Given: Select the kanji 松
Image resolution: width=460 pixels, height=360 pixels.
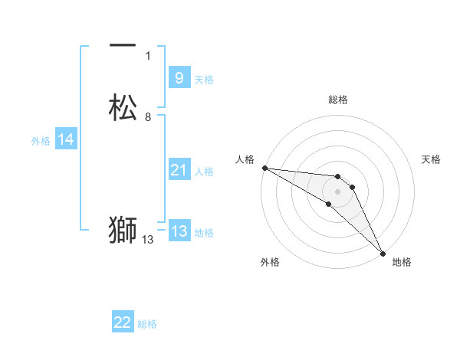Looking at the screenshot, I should tap(123, 108).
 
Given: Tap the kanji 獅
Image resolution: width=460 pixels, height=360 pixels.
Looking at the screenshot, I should tap(123, 230).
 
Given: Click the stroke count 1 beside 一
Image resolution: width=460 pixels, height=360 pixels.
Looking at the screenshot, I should tap(148, 56).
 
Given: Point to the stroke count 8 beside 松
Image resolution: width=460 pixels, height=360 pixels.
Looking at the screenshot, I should tap(148, 117).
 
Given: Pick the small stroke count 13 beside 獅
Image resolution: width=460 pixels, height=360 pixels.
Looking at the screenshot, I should tap(148, 240).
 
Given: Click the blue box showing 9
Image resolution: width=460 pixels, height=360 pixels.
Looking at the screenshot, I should tap(179, 78).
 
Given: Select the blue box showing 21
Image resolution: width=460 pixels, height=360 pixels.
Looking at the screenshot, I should tap(179, 170).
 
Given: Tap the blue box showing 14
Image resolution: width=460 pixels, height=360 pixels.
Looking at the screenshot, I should tap(66, 139).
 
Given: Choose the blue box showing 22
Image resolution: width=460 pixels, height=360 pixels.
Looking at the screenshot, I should tap(123, 322).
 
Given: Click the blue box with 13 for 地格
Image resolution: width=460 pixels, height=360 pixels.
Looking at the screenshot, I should tap(179, 231).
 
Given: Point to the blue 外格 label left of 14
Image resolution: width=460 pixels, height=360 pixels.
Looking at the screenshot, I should tap(41, 141).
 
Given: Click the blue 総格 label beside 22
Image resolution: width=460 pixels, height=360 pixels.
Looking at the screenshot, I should tap(147, 324).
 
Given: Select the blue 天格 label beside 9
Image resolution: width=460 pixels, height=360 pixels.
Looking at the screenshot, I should tap(204, 80).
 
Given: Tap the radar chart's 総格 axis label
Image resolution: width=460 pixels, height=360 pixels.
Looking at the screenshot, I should tap(338, 100).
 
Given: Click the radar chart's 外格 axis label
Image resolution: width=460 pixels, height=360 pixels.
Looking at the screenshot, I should tap(270, 262).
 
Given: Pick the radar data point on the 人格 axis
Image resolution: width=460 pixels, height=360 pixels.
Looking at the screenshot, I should tap(264, 168).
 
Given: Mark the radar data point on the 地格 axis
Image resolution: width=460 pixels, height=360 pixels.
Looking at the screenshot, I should tap(382, 253).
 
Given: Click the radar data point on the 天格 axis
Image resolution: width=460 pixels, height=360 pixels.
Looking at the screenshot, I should tap(353, 187).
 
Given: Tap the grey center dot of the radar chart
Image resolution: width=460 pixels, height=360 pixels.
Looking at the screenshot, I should tap(338, 191).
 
